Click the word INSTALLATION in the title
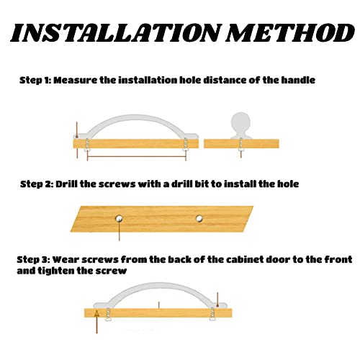point(114,34)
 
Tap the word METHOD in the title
point(291,33)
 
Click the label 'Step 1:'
point(35,80)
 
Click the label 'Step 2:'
point(37,184)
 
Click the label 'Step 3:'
point(33,260)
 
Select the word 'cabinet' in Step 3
point(245,259)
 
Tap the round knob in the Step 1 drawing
point(240,122)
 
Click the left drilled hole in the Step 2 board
point(119,219)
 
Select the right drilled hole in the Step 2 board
point(199,219)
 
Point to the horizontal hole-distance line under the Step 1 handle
point(137,157)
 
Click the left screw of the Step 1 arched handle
point(87,145)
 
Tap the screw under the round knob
point(240,145)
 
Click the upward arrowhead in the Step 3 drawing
point(96,313)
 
